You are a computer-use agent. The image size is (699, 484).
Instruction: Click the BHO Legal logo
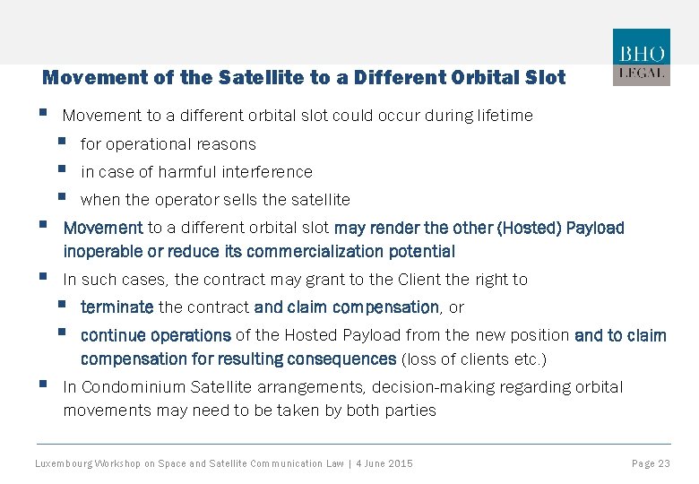click(x=641, y=57)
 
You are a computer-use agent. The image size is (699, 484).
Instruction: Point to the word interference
click(x=268, y=172)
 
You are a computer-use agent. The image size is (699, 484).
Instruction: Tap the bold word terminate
click(x=116, y=307)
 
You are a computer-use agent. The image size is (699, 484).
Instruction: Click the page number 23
click(x=663, y=463)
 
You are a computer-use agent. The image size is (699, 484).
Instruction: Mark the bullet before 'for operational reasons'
click(x=61, y=143)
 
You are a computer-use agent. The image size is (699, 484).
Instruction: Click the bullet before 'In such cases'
click(x=43, y=278)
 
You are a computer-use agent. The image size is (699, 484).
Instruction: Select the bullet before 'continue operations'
click(x=61, y=333)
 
